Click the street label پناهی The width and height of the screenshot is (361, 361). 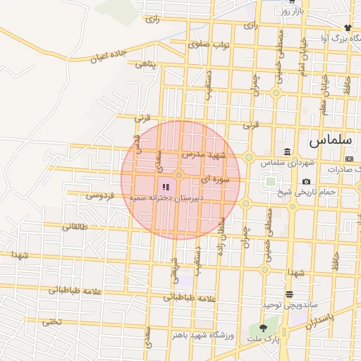point(147,65)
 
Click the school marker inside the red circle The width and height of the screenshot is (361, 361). point(166,187)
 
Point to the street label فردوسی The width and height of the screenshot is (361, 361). point(101,194)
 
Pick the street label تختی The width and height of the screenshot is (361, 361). point(51,322)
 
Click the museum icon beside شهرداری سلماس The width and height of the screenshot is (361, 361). point(288,152)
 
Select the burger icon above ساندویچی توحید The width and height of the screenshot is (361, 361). point(289,293)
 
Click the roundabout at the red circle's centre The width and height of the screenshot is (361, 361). point(180,174)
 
